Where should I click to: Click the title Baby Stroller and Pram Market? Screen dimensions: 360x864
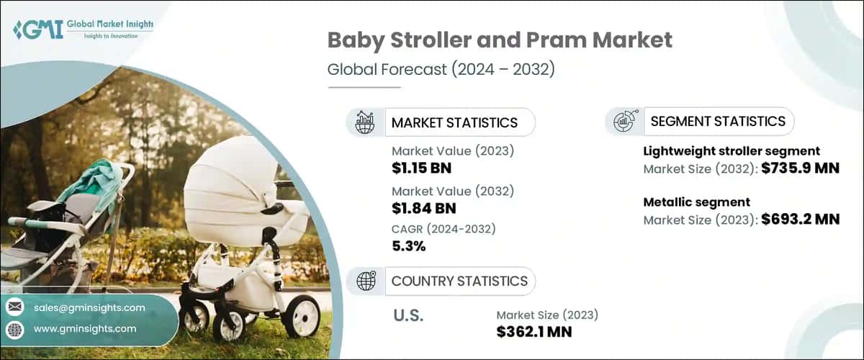pos(500,40)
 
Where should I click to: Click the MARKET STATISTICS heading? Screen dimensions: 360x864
pos(454,122)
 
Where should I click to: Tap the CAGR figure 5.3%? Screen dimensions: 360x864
pos(408,246)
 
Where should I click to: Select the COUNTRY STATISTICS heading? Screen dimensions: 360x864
pos(459,281)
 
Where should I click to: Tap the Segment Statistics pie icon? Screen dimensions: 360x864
pos(624,122)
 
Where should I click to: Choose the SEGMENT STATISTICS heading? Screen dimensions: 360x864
pos(717,122)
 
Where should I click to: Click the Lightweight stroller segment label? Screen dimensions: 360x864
pos(732,151)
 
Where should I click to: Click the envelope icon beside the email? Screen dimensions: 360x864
pos(14,307)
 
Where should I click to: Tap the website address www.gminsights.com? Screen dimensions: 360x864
pos(85,328)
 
